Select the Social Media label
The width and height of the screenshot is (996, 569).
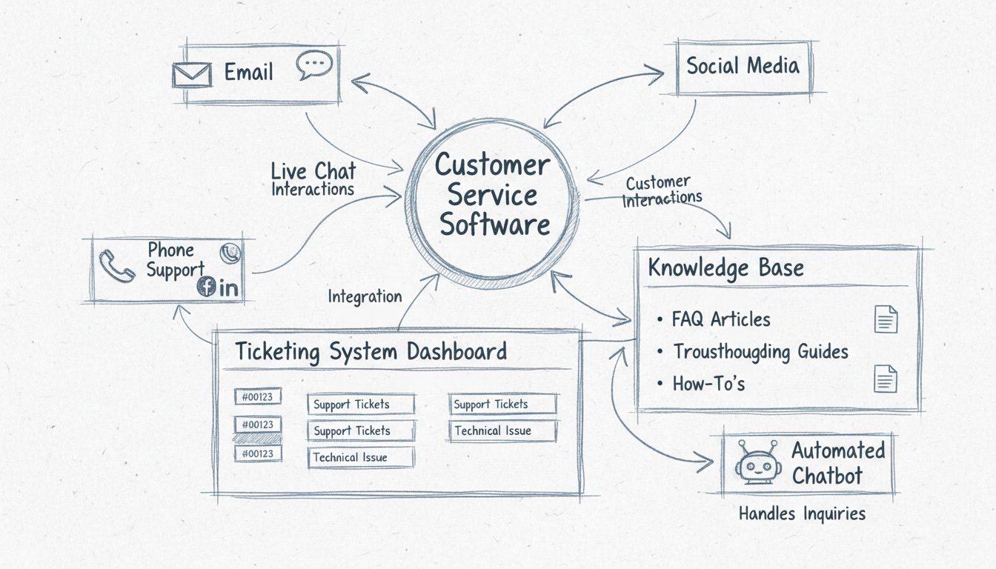(743, 66)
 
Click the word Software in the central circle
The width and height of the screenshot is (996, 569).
(494, 225)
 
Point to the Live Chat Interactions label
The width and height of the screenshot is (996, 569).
(313, 180)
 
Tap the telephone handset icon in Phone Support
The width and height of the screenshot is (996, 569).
(116, 266)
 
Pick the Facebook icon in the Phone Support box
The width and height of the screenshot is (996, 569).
(205, 287)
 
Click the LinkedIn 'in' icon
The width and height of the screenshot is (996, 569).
(229, 288)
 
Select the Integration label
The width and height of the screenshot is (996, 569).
(365, 296)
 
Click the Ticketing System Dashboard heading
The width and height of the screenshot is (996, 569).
(371, 351)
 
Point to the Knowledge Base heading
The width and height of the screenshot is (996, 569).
(726, 267)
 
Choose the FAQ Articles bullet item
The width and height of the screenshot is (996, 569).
(720, 319)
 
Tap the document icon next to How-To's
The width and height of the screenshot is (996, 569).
(886, 379)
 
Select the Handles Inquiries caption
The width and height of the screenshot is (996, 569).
(802, 513)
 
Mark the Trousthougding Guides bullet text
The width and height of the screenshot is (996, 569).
(760, 351)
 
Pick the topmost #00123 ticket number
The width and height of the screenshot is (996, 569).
(257, 397)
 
